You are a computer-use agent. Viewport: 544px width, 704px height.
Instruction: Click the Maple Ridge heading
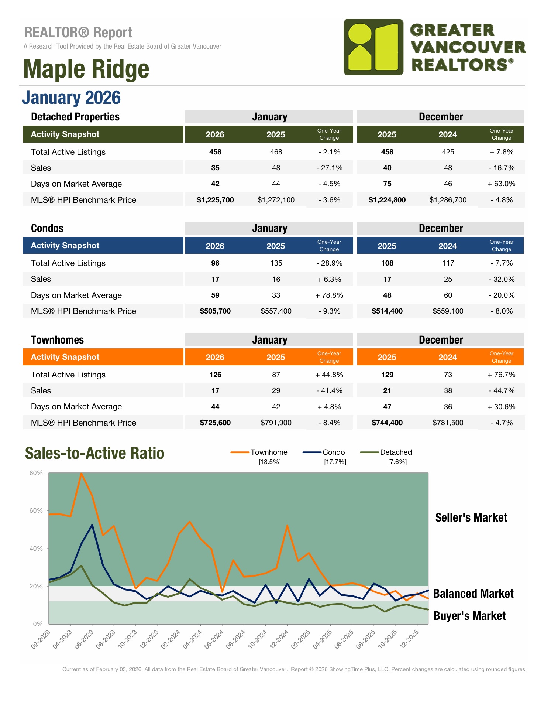[86, 69]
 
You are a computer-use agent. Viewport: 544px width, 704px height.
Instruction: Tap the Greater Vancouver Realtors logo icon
[373, 47]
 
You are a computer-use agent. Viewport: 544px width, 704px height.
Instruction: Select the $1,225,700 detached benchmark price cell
[215, 200]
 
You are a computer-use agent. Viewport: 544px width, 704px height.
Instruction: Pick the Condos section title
[47, 228]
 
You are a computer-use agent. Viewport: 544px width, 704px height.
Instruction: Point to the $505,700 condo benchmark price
[215, 311]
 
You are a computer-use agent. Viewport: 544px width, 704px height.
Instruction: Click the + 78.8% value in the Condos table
[329, 295]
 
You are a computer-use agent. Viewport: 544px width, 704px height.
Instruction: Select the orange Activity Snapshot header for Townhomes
[103, 357]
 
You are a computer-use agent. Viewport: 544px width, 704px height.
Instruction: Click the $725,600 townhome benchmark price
[215, 423]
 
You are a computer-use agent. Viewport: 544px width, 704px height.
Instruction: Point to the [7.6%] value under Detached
[397, 462]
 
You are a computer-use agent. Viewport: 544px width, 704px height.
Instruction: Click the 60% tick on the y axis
[36, 510]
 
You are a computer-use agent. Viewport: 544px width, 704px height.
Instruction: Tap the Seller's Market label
[471, 517]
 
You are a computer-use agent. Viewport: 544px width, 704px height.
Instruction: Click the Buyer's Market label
[469, 616]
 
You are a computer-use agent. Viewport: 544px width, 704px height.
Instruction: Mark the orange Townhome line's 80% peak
[81, 474]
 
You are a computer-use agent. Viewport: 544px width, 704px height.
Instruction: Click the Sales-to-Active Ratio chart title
[94, 453]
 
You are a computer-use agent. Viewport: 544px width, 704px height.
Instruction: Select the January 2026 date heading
[71, 98]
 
